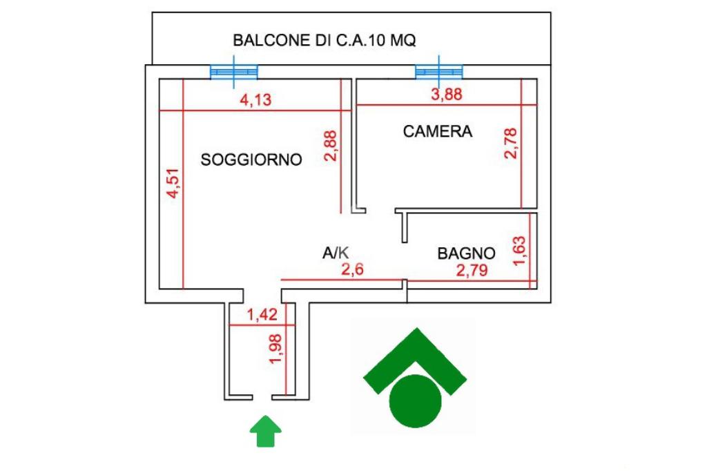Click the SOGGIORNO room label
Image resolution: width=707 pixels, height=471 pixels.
[251, 160]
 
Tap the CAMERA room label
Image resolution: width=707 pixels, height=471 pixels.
[437, 131]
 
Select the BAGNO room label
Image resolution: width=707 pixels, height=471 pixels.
[466, 253]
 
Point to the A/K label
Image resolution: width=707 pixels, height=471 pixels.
[336, 253]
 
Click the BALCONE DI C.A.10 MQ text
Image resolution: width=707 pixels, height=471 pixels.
[325, 41]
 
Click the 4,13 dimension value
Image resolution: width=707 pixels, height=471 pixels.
[255, 99]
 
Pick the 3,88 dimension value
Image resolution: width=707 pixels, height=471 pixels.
[447, 95]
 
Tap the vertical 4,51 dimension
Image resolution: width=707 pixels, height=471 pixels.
[173, 183]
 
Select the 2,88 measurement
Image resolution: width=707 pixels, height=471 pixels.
[331, 146]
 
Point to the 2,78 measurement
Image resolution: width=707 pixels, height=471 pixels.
[511, 143]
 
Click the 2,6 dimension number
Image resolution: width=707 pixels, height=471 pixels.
[352, 270]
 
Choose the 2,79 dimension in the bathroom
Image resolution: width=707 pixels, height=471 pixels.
[472, 270]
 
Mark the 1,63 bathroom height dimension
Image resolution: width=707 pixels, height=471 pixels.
[519, 251]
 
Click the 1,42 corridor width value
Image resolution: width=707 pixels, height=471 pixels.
[262, 314]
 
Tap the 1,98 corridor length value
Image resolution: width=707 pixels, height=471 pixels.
[275, 348]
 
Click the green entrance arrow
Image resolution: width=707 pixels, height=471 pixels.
[266, 432]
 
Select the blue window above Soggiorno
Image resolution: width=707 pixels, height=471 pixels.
[234, 72]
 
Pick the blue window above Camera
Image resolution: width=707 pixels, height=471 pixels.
[438, 72]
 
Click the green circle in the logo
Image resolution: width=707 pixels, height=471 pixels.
[415, 401]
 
